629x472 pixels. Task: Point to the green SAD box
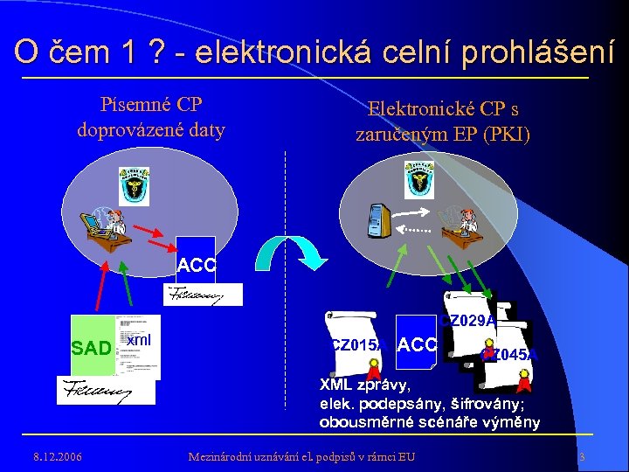pyautogui.click(x=92, y=348)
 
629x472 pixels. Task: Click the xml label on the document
pyautogui.click(x=138, y=339)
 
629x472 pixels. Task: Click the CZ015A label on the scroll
pyautogui.click(x=356, y=344)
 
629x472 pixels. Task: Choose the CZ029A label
pyautogui.click(x=469, y=321)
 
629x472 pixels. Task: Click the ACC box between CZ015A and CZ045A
pyautogui.click(x=416, y=344)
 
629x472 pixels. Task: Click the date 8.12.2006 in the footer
pyautogui.click(x=56, y=455)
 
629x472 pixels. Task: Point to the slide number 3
pyautogui.click(x=582, y=456)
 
